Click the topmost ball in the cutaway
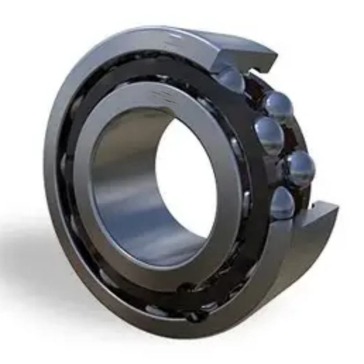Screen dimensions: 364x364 [232, 80]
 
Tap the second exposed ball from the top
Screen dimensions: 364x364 [278, 107]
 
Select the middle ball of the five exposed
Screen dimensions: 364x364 [269, 135]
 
